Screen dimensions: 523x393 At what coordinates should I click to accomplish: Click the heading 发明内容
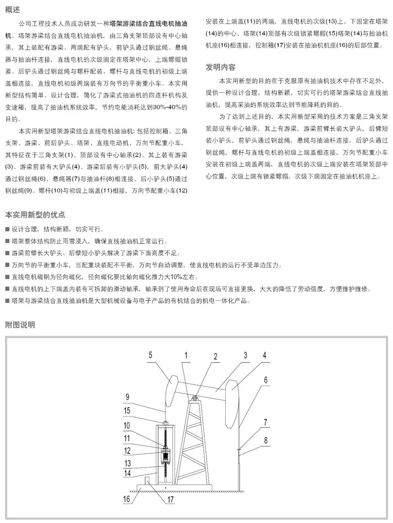[x=220, y=68]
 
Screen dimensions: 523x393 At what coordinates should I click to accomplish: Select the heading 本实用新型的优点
[x=35, y=215]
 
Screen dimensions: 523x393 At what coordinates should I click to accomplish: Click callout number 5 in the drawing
[x=150, y=355]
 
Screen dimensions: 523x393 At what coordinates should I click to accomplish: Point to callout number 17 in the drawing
[x=170, y=499]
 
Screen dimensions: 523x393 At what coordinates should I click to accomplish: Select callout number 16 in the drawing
[x=126, y=499]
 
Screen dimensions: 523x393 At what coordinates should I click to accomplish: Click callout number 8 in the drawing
[x=266, y=441]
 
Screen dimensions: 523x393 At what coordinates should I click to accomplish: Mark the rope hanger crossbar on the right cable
[x=239, y=449]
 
